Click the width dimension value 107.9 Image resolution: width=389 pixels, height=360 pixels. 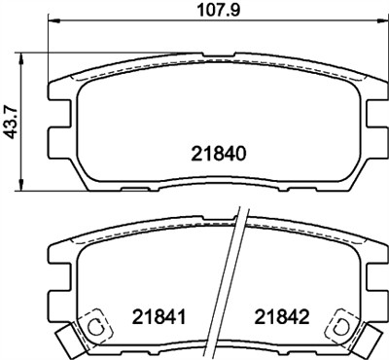click(213, 15)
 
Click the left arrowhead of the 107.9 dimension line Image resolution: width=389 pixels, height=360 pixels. click(51, 29)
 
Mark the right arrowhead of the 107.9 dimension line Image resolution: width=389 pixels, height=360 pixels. click(374, 29)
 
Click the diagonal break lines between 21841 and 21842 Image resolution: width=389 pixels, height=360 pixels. click(236, 282)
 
